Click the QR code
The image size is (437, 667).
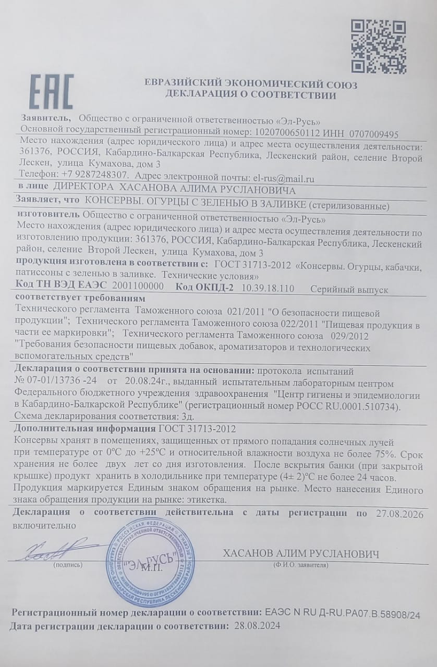[378, 46]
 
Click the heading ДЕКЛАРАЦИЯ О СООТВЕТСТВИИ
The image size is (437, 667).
[251, 95]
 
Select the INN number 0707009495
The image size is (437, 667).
[374, 133]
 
